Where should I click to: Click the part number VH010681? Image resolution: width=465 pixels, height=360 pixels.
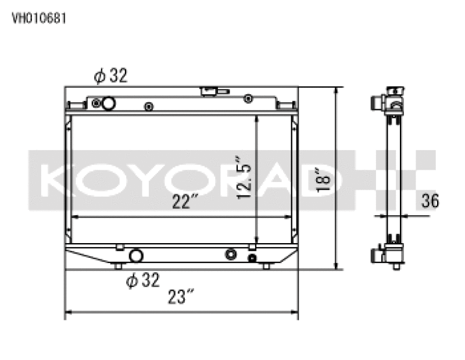[39, 18]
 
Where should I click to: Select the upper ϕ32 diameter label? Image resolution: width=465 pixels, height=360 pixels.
[110, 76]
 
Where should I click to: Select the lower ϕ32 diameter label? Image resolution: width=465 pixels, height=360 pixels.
[142, 280]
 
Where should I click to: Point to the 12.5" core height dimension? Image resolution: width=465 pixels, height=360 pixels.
[245, 177]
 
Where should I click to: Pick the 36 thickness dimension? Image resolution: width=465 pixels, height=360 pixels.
[430, 201]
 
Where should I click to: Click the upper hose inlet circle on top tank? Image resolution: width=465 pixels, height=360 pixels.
[108, 104]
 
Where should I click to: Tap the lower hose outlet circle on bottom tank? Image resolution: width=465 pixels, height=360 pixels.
[137, 256]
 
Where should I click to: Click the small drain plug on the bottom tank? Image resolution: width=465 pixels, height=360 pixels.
[252, 258]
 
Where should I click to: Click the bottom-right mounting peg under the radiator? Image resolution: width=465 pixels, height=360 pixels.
[266, 266]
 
